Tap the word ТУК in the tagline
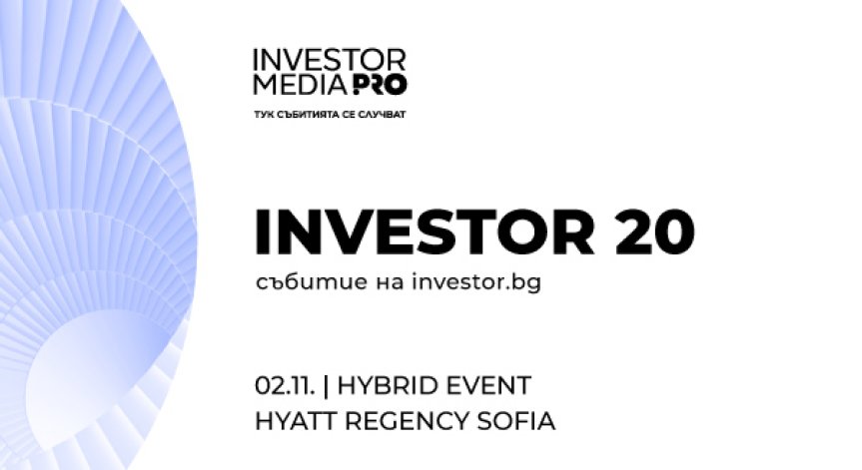(x=265, y=115)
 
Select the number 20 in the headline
(x=650, y=232)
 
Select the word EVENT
(x=488, y=385)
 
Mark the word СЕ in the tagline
(x=349, y=115)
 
